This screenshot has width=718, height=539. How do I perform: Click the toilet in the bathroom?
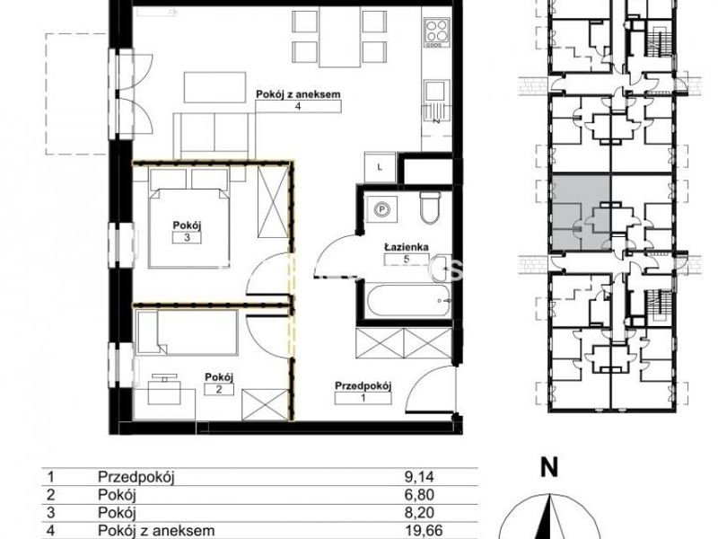point(431,208)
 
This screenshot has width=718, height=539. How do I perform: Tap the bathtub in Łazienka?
point(407,301)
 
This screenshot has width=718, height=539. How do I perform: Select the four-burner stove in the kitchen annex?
point(436,32)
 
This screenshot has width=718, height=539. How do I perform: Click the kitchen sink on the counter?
point(436,98)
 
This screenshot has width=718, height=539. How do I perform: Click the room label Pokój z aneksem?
point(298,94)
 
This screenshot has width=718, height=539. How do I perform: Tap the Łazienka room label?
point(407,248)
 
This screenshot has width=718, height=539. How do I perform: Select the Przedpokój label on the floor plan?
point(363,386)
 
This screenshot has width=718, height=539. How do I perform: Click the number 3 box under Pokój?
point(187,237)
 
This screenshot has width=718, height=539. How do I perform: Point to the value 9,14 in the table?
point(419,477)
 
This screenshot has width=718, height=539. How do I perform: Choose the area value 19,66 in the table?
point(424,531)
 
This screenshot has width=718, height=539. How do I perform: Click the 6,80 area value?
point(419,495)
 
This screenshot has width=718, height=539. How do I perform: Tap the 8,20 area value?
point(419,512)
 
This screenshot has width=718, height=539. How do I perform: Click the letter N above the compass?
point(548,468)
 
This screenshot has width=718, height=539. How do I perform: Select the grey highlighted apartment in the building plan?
point(581,212)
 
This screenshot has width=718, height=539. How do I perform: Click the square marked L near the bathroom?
point(380,167)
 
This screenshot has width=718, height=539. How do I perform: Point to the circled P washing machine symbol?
point(380,209)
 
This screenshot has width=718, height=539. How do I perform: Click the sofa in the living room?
point(214,136)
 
